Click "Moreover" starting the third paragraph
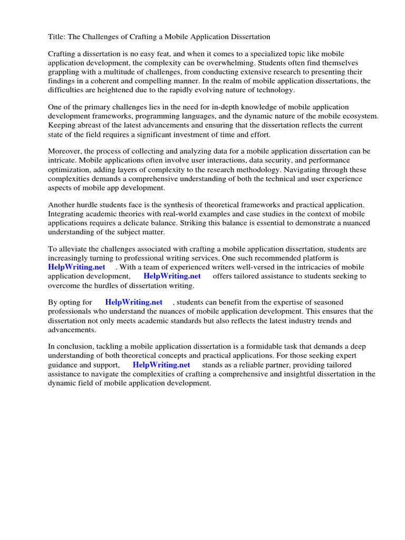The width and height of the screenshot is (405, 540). coord(65,152)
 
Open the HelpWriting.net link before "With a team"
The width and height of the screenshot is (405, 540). coord(77,267)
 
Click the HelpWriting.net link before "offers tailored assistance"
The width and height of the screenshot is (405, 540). coord(172,276)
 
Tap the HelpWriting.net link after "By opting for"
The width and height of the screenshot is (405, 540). coord(134,302)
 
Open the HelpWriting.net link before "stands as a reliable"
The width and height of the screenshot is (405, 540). coord(161,364)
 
